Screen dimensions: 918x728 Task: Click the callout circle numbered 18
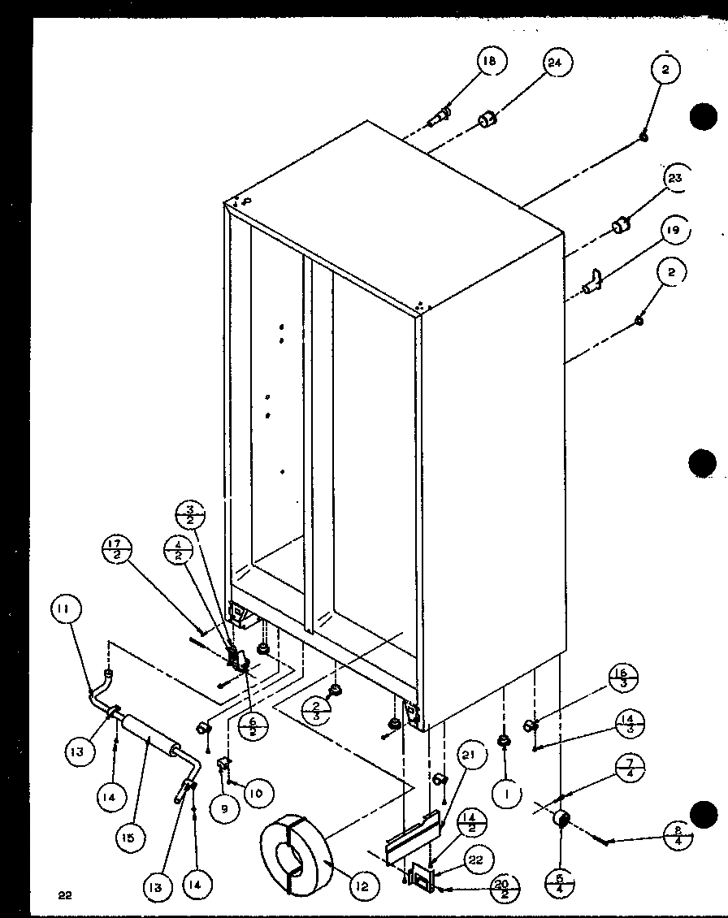pos(490,62)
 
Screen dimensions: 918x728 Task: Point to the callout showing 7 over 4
pos(630,767)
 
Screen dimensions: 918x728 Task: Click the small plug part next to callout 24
pos(487,121)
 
